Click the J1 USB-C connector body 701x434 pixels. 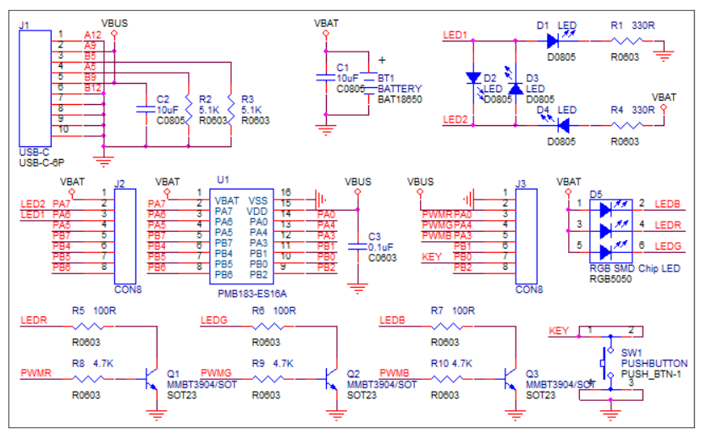pyautogui.click(x=36, y=89)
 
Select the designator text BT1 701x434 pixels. pyautogui.click(x=387, y=78)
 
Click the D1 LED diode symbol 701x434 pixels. pyautogui.click(x=555, y=41)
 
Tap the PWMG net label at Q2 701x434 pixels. pyautogui.click(x=215, y=372)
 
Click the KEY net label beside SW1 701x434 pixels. pyautogui.click(x=559, y=330)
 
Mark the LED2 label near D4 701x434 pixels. pyautogui.click(x=455, y=119)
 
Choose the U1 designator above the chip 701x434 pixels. pyautogui.click(x=223, y=180)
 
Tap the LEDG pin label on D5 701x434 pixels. pyautogui.click(x=668, y=246)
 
